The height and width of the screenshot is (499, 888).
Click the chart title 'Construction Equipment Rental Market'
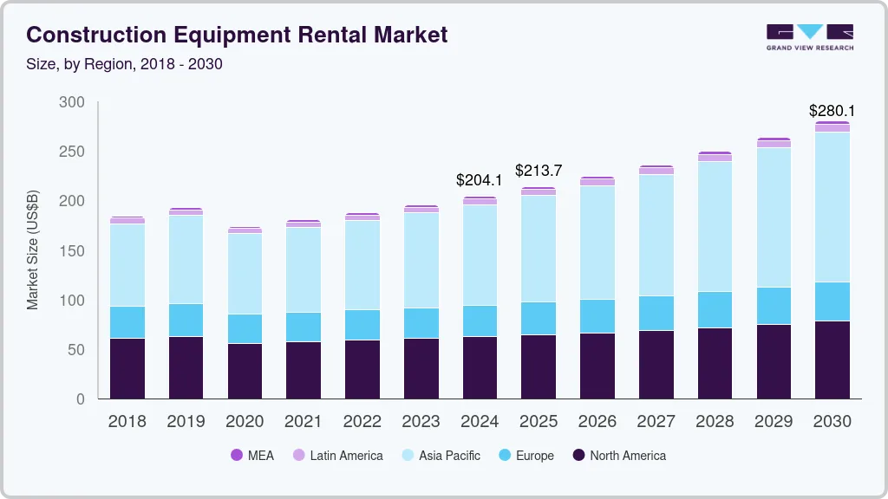237,35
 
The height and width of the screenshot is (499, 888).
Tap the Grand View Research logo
809,36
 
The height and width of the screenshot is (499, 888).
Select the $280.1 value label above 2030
832,111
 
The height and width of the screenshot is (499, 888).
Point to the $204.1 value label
480,180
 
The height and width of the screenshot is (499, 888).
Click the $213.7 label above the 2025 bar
539,170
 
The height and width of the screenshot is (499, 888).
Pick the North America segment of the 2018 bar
127,368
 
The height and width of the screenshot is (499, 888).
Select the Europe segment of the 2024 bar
480,321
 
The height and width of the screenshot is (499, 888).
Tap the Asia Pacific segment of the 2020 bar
245,274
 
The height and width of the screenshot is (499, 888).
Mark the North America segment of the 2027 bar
656,364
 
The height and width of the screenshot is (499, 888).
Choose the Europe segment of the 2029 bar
774,306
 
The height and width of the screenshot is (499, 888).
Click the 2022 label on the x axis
362,422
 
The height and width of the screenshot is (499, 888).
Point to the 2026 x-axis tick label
597,422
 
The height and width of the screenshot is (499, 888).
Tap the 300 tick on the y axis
72,102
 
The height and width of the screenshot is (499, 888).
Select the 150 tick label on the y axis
72,251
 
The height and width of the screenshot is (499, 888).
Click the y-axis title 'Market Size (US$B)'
33,249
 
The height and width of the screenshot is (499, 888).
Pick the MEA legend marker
237,456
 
